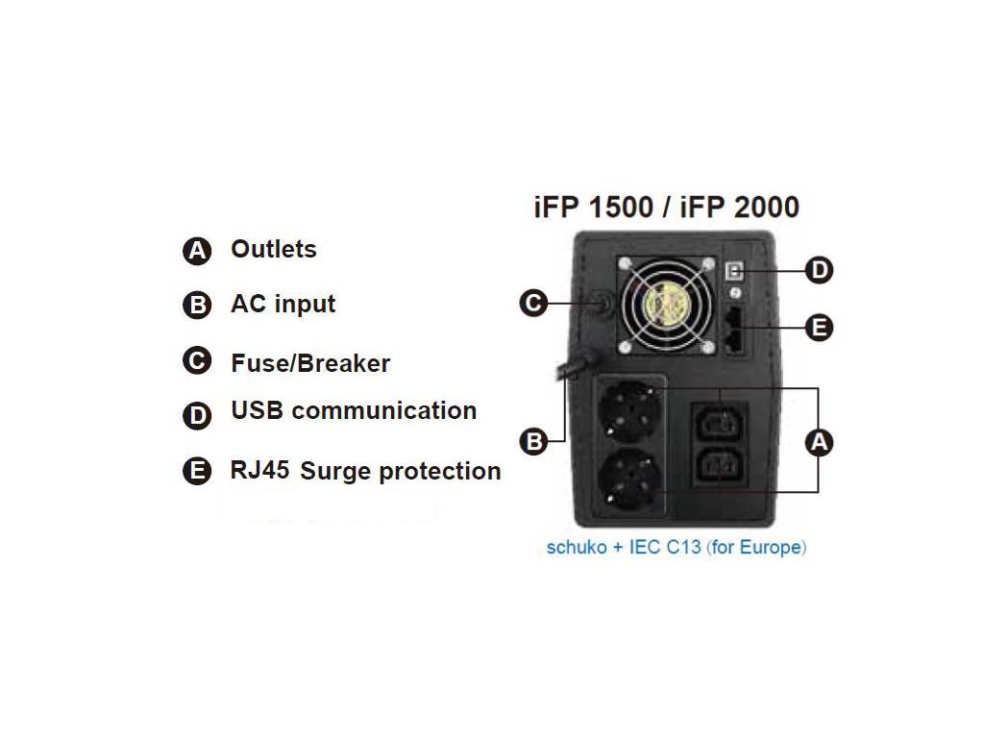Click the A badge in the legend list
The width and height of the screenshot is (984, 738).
coord(196,252)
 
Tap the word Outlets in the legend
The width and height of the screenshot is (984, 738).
coord(273,249)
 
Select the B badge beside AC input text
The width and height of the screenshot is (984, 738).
coord(196,306)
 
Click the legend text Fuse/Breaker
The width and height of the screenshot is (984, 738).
coord(310,363)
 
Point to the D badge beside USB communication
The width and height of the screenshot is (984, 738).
coord(196,416)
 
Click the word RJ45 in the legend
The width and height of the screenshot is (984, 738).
coord(259,471)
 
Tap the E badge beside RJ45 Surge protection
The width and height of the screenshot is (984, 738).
coord(196,472)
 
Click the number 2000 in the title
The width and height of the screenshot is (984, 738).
coord(756,207)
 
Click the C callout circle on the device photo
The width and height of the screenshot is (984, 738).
coord(533,304)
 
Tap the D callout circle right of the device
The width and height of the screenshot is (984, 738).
coord(818,270)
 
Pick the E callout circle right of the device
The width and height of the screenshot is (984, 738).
coord(818,328)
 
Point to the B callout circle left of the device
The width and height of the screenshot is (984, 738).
coord(533,441)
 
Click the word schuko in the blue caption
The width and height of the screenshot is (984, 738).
coord(574,548)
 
